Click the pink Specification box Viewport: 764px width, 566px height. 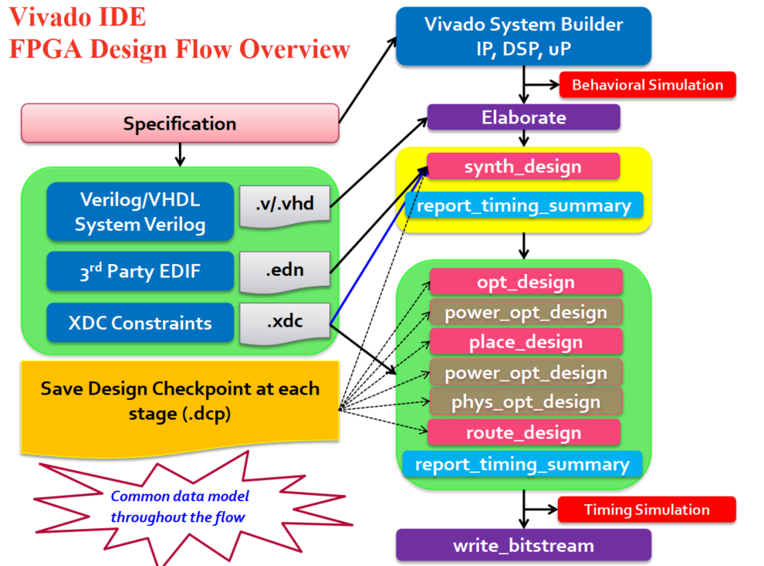[x=180, y=124]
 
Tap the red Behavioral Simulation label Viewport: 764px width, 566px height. [x=647, y=85]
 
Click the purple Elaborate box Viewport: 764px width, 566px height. [x=524, y=117]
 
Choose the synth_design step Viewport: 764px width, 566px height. [x=523, y=167]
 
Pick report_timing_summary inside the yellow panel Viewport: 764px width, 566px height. [x=524, y=205]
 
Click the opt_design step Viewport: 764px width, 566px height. [x=526, y=283]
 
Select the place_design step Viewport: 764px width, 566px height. [x=526, y=342]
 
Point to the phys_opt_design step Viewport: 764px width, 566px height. [x=526, y=402]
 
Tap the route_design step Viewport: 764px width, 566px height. [x=524, y=432]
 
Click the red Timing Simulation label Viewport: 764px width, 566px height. [x=647, y=510]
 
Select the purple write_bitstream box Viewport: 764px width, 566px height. [x=524, y=545]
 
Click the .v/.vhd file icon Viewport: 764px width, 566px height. [x=284, y=205]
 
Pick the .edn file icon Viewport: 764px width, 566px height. [x=284, y=271]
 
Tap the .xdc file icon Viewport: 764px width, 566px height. [x=284, y=323]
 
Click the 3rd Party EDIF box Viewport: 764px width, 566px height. [x=140, y=271]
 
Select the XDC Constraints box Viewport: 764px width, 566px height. [x=140, y=323]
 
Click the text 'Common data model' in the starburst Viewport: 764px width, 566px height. [x=180, y=496]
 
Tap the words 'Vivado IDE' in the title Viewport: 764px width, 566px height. [x=78, y=18]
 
